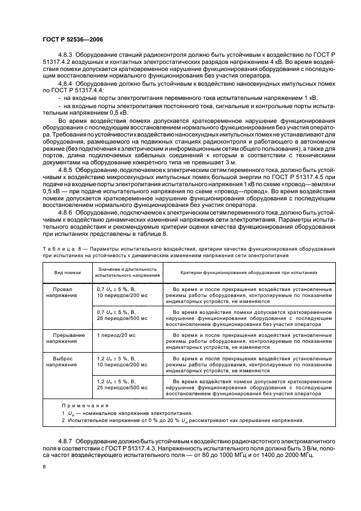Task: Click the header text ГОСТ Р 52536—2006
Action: (72, 39)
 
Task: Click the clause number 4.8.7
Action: (66, 439)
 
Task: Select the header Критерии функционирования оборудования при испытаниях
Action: (242, 271)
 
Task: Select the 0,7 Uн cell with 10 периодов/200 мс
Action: (119, 290)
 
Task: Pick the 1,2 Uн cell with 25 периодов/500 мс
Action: (119, 383)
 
